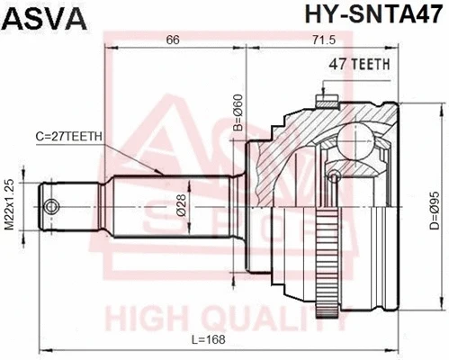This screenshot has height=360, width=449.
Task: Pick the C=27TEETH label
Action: [70, 136]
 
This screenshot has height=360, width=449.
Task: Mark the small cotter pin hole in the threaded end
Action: [53, 208]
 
